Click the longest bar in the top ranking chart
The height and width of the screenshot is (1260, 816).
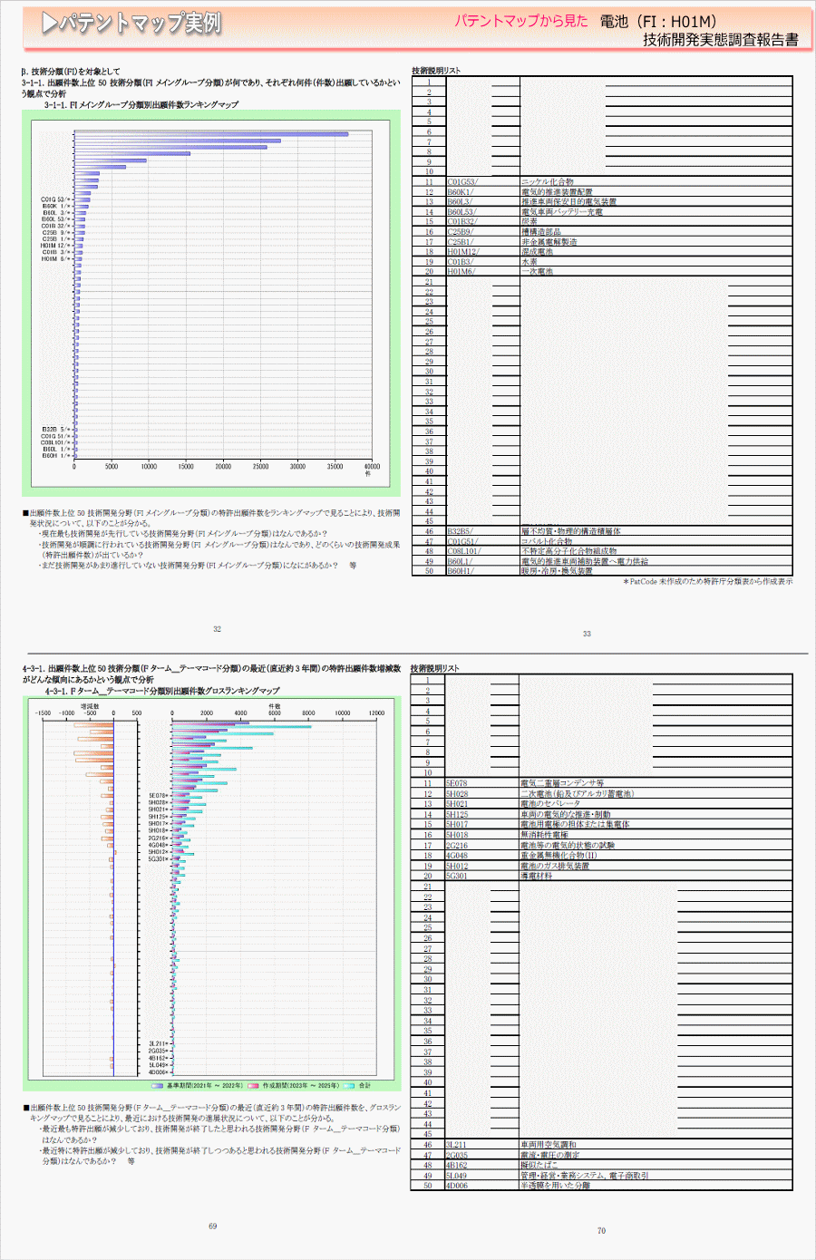210,134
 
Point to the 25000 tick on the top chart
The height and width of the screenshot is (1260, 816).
260,467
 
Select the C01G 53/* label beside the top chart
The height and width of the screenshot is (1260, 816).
55,199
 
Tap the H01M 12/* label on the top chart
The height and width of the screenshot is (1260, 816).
55,246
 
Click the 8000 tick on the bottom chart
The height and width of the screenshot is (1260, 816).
308,713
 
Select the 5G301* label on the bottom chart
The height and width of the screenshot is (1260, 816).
158,858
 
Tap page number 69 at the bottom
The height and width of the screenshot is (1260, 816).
213,1226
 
